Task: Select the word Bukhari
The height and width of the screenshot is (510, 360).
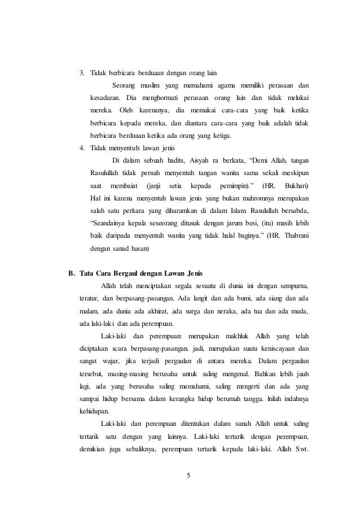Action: [x=297, y=185]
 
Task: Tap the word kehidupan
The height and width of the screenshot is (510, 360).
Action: [x=94, y=411]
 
